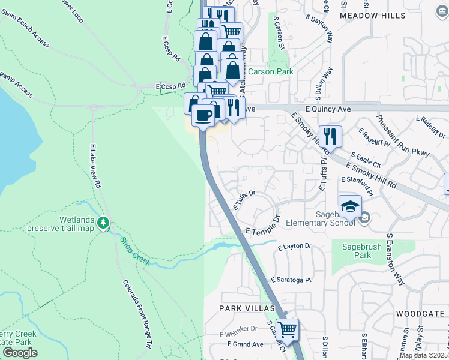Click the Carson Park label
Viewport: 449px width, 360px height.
(271, 71)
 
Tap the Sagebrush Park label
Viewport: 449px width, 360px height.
(361, 251)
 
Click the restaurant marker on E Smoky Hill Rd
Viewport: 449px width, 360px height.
(330, 136)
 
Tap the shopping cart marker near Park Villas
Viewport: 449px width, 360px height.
(288, 329)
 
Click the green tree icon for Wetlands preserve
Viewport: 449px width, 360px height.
(104, 223)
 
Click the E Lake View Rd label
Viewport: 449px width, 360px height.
(94, 166)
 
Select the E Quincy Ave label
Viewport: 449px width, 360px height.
(327, 109)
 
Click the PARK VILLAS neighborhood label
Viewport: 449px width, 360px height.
(247, 308)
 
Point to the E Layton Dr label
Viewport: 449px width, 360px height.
(295, 246)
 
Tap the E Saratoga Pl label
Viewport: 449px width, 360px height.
(292, 280)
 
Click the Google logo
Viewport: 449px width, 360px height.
(20, 352)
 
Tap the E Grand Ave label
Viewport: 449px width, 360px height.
(245, 344)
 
